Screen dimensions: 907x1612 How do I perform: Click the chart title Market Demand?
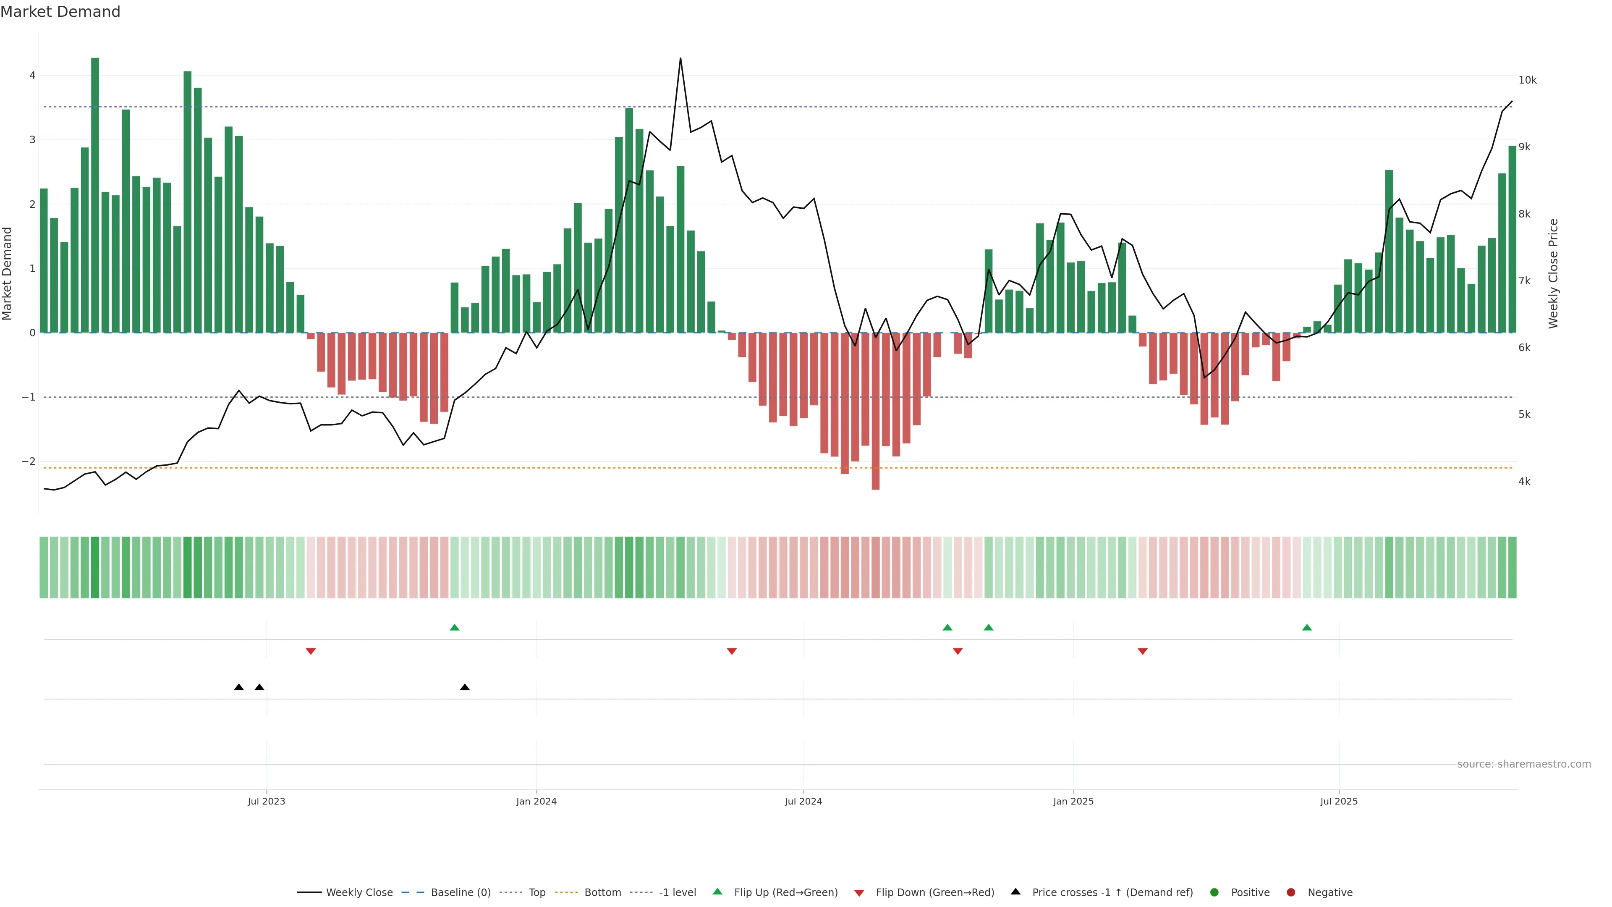[60, 12]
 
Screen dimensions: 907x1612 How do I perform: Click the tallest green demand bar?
[95, 194]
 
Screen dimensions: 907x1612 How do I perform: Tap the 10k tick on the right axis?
[1527, 80]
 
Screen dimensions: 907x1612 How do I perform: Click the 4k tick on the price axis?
[1524, 481]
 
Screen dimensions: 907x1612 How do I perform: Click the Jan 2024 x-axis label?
[536, 801]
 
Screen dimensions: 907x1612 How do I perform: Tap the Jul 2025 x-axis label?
[1339, 801]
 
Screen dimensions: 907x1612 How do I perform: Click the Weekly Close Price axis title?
[1553, 273]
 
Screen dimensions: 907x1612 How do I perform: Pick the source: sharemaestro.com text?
[1524, 764]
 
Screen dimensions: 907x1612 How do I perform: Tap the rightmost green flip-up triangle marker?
[1307, 628]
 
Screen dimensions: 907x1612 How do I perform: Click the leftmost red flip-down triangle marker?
[310, 652]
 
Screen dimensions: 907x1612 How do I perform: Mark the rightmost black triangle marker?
[464, 687]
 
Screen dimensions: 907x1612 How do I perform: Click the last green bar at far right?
[1512, 238]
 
